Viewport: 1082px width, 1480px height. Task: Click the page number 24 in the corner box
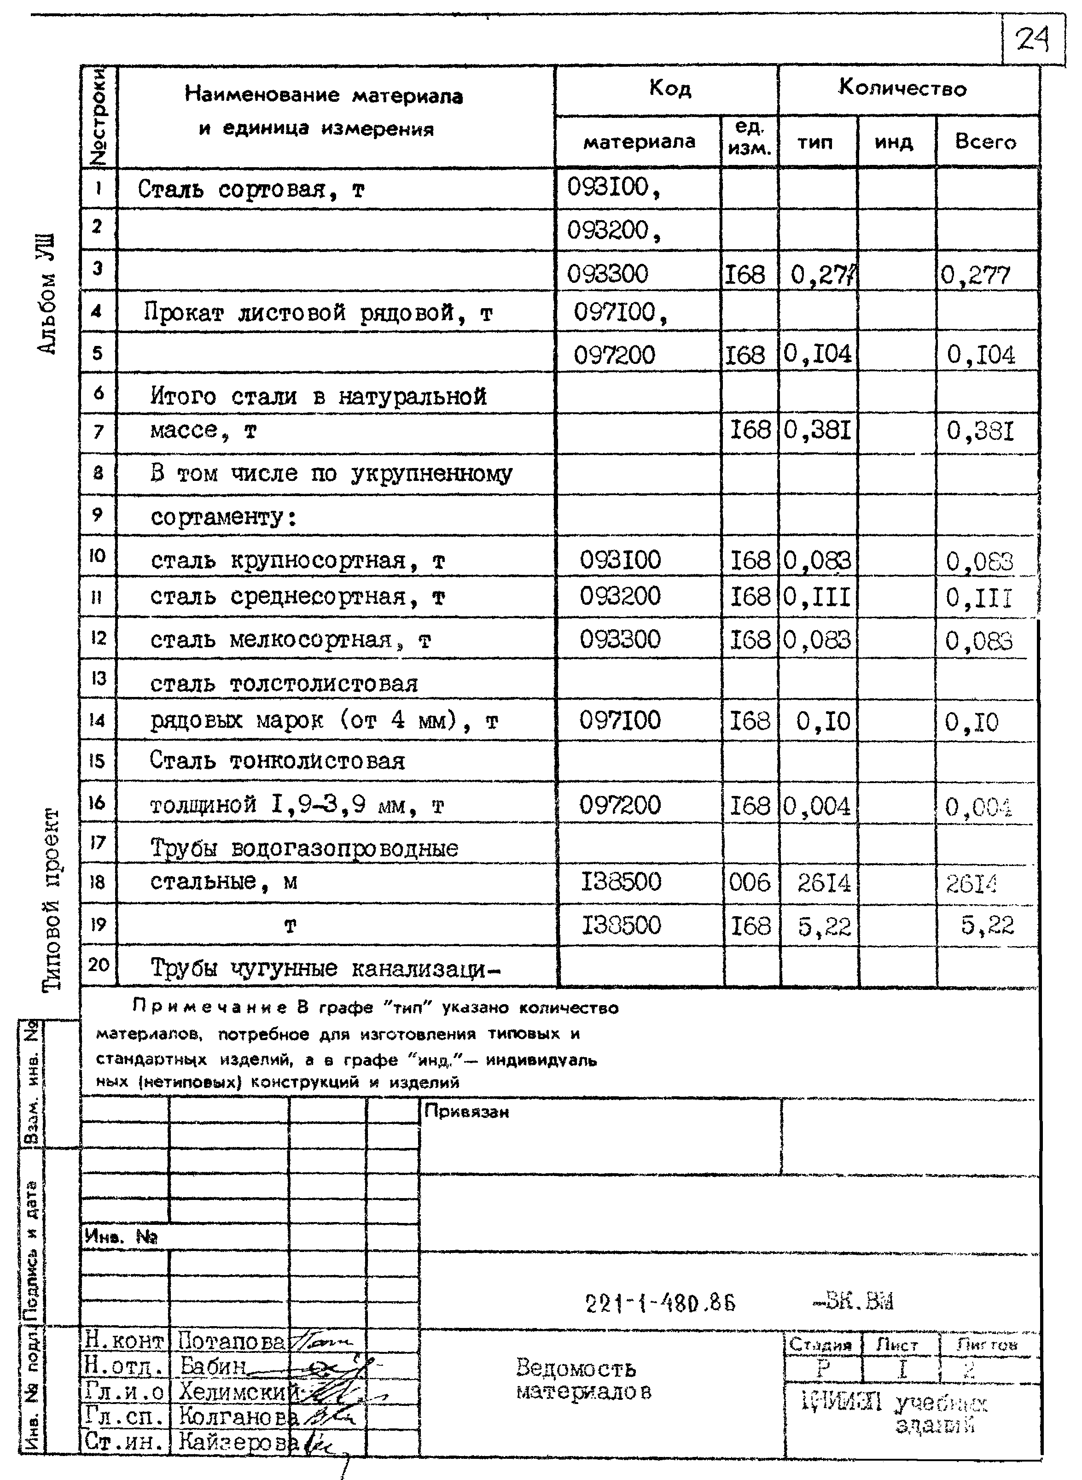1033,41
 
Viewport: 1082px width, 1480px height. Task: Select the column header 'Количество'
902,88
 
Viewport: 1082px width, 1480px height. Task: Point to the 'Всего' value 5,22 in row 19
987,925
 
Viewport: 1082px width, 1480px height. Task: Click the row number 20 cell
98,965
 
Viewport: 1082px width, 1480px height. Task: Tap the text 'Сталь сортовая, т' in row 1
251,190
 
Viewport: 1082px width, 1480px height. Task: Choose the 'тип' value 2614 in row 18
823,883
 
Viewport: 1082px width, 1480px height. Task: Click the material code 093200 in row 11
620,596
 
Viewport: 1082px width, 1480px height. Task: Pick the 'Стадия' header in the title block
820,1345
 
